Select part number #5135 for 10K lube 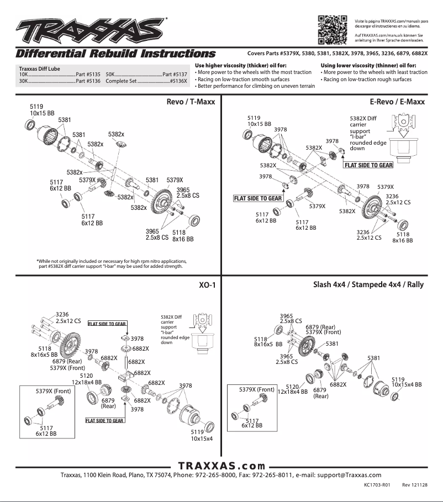pos(88,74)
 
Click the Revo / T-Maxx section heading pos(191,102)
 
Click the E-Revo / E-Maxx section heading pos(397,102)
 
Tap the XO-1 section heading pos(207,286)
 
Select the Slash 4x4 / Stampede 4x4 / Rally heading pos(369,286)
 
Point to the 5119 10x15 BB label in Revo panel pos(42,109)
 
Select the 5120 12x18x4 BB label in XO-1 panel pos(86,379)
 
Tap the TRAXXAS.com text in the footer pos(221,466)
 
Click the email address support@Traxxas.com pos(350,475)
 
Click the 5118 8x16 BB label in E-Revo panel pos(402,237)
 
